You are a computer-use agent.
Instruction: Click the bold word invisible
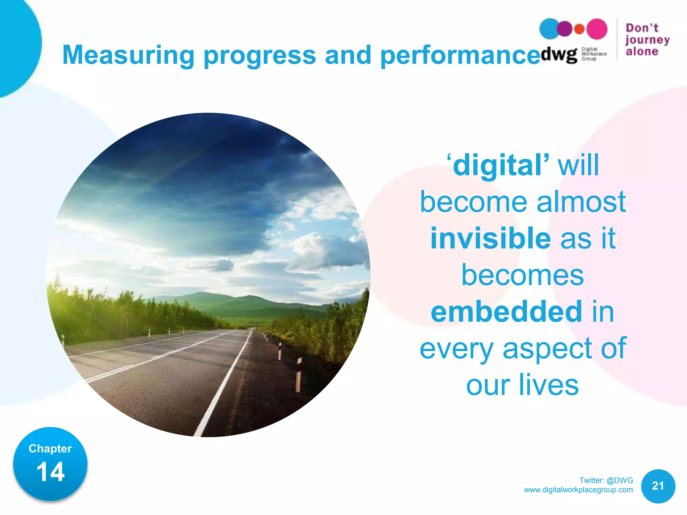pyautogui.click(x=490, y=238)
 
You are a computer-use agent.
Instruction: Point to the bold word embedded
pyautogui.click(x=506, y=312)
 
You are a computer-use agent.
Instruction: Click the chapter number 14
pyautogui.click(x=50, y=472)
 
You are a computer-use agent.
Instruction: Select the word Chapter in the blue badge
pyautogui.click(x=50, y=449)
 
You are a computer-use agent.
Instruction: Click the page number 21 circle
pyautogui.click(x=658, y=486)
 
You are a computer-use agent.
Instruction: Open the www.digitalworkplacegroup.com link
pyautogui.click(x=578, y=490)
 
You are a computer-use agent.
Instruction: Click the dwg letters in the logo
pyautogui.click(x=559, y=54)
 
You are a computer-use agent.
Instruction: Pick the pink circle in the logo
pyautogui.click(x=597, y=29)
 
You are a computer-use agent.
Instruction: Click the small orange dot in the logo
pyautogui.click(x=579, y=29)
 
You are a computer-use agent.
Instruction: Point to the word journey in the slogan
pyautogui.click(x=647, y=40)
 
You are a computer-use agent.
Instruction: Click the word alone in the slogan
pyautogui.click(x=642, y=52)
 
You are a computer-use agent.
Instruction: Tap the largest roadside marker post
pyautogui.click(x=298, y=375)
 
